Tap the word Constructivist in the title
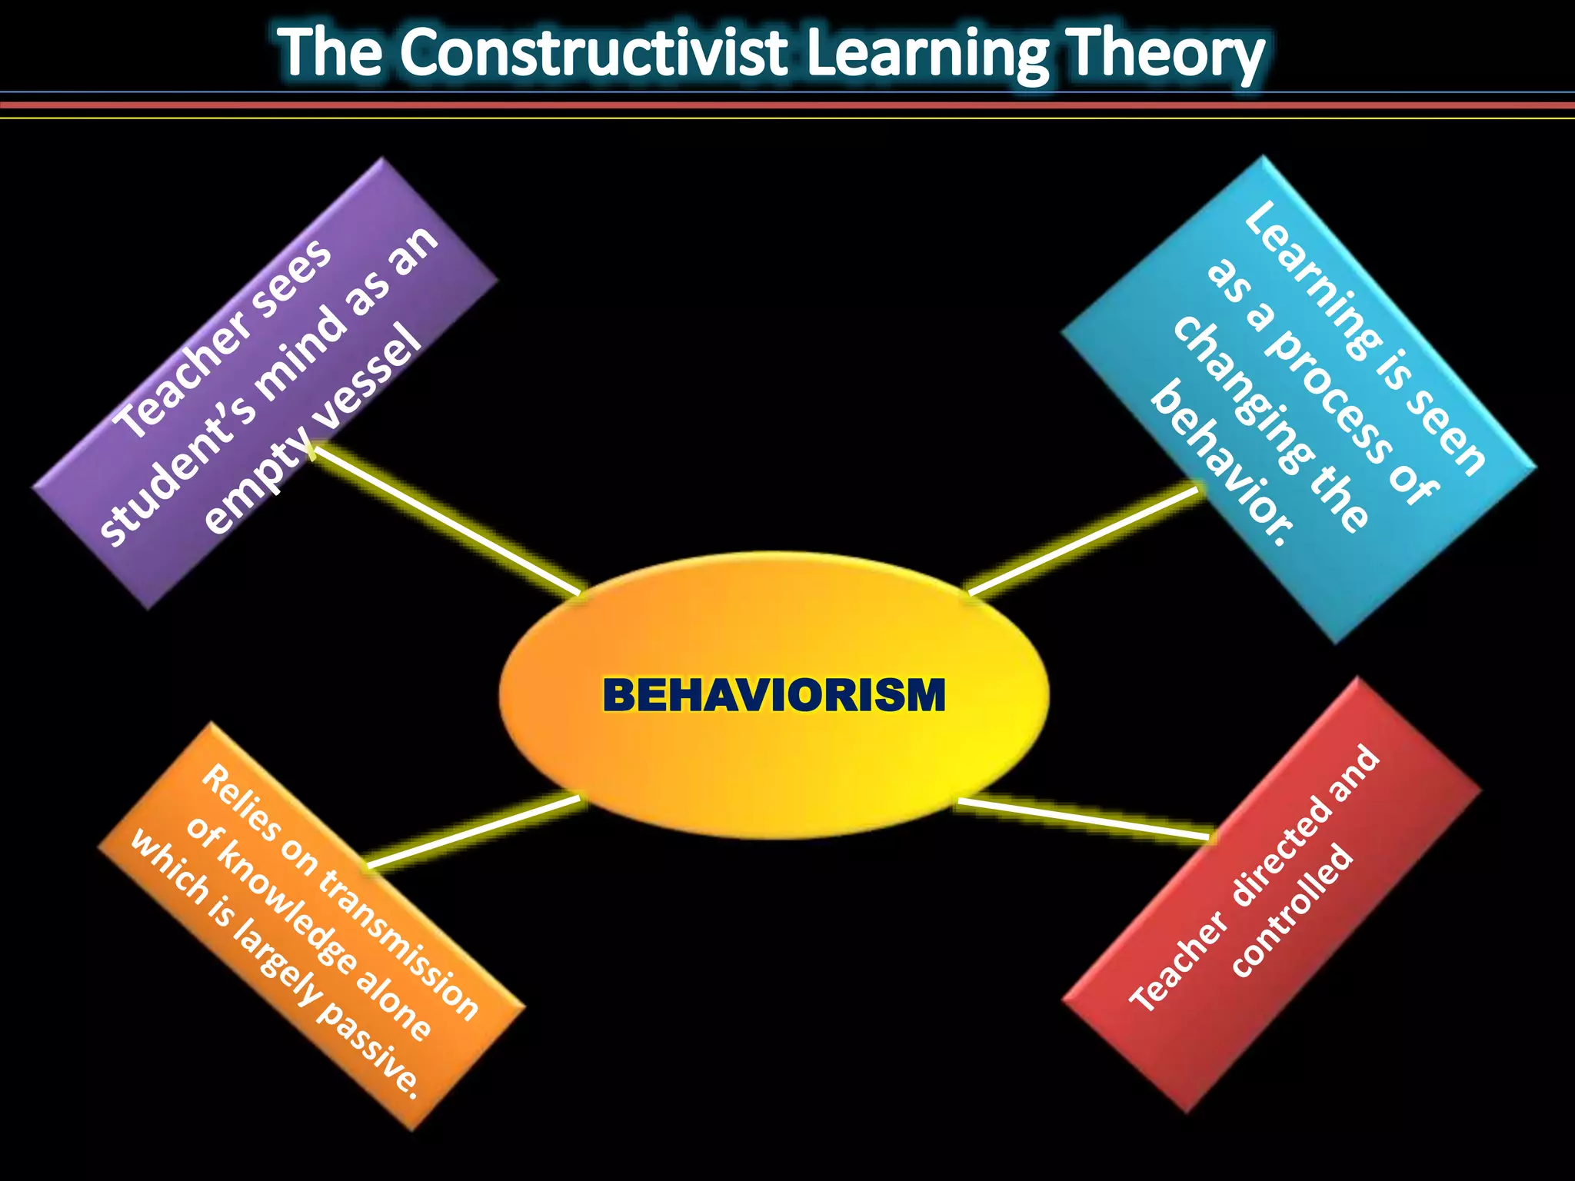(x=593, y=54)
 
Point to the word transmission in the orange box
(x=400, y=945)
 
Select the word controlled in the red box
(x=1291, y=912)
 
